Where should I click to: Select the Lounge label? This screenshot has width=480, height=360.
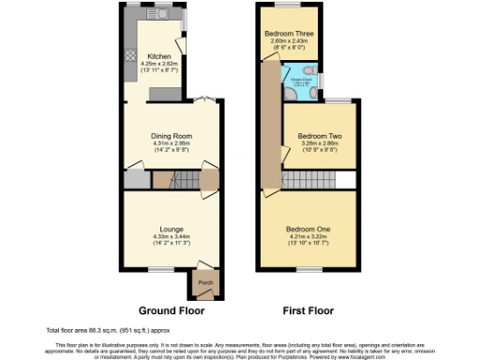[171, 227]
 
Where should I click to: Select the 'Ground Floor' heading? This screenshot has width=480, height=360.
[172, 309]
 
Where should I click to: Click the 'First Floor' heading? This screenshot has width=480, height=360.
[307, 309]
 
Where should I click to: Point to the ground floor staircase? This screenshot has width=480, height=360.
[185, 178]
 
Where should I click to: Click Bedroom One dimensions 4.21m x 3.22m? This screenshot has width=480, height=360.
[308, 237]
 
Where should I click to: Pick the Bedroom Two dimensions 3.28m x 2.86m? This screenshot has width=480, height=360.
[320, 145]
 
